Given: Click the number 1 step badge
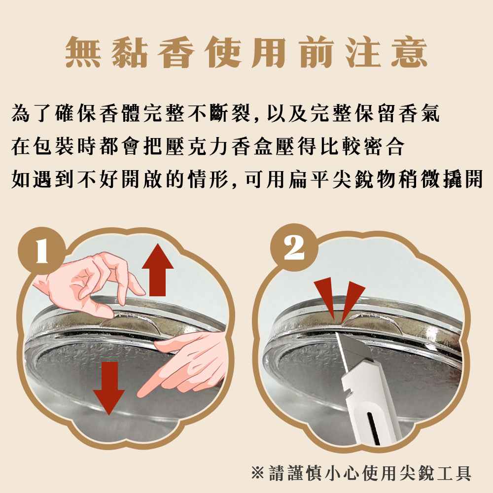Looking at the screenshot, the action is click(41, 250).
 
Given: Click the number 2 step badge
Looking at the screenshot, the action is click(294, 248).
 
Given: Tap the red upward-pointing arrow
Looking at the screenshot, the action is click(158, 270).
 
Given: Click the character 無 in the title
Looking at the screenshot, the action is click(83, 52).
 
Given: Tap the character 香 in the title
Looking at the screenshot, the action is click(176, 52).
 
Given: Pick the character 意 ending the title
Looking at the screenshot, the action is click(409, 52).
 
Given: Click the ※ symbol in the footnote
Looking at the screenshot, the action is click(257, 473).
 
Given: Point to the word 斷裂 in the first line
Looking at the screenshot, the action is click(230, 112).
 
